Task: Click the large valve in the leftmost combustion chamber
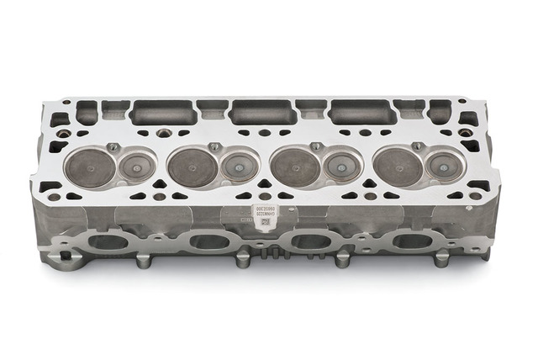(89, 167)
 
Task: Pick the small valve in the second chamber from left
(238, 166)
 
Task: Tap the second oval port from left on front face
(210, 242)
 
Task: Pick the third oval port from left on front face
(311, 242)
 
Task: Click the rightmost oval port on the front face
(412, 241)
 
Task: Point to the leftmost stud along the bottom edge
(142, 261)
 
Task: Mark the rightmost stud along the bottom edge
(440, 259)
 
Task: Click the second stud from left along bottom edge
(243, 261)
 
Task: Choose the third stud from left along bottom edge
(342, 260)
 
